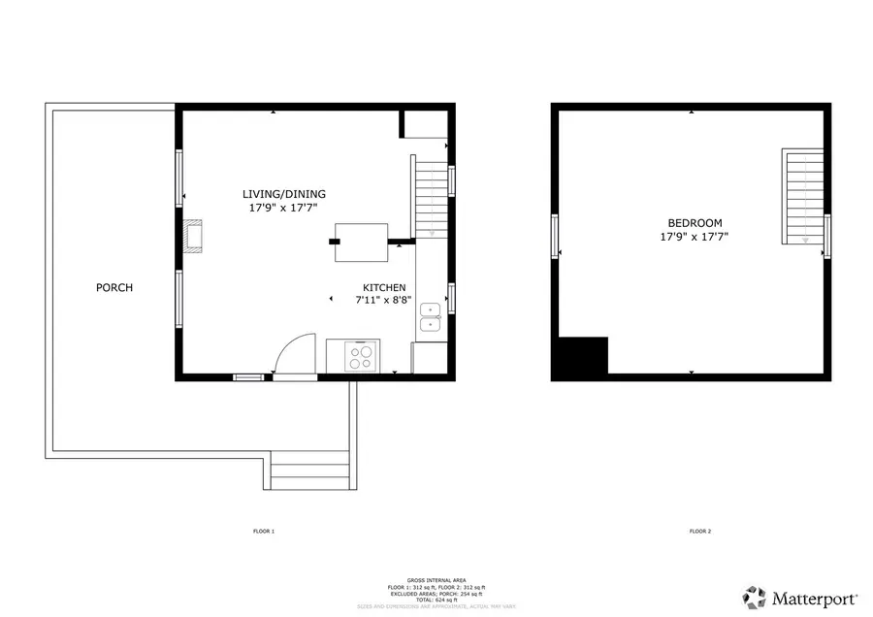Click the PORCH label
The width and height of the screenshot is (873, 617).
(x=114, y=288)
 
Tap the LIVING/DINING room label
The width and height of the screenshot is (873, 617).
(x=284, y=193)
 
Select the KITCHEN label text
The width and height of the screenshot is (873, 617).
(x=384, y=287)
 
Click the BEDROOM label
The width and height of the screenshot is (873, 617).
(x=695, y=223)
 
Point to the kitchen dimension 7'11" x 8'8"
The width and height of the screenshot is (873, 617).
(x=384, y=300)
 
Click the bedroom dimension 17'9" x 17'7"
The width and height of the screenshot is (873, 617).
(x=695, y=236)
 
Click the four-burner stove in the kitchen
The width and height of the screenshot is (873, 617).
(x=361, y=357)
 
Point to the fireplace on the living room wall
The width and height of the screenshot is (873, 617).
(x=194, y=237)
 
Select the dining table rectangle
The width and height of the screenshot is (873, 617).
(x=360, y=242)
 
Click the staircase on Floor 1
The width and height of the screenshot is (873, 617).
(x=433, y=200)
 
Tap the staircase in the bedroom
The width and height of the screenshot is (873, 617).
(x=802, y=197)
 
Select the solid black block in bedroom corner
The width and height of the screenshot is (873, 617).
(x=580, y=356)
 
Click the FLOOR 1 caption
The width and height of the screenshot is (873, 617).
(x=264, y=532)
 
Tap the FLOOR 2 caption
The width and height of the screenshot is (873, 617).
(x=700, y=532)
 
